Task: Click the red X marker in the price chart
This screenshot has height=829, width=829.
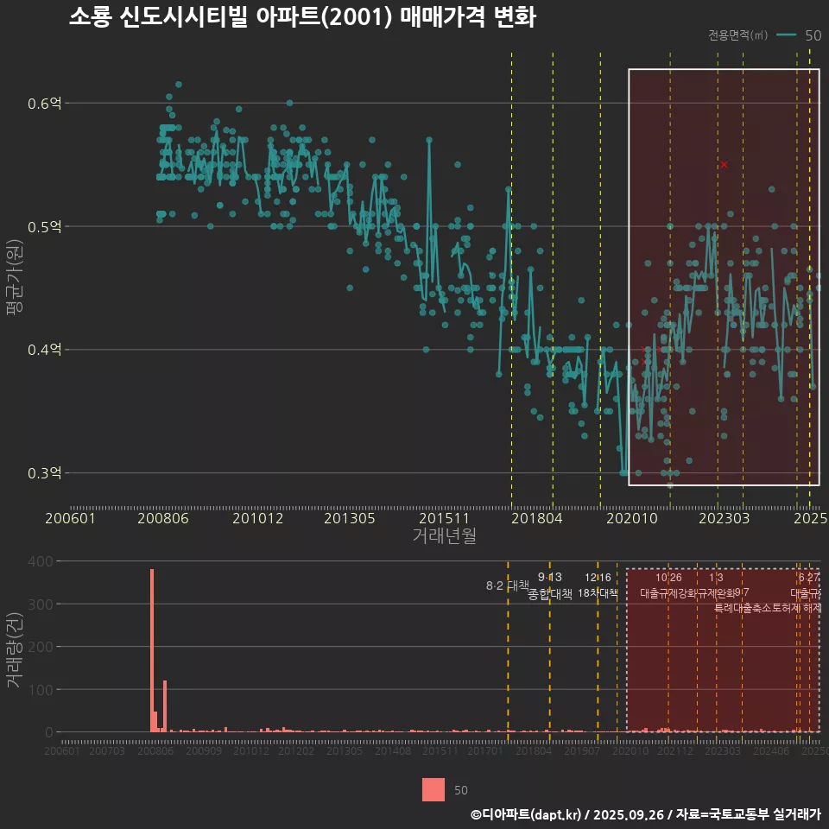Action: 725,164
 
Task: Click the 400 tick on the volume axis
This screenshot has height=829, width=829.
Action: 43,561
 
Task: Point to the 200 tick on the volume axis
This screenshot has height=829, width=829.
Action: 43,647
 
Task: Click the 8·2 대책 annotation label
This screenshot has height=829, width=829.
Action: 508,585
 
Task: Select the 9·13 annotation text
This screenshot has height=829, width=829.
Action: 549,577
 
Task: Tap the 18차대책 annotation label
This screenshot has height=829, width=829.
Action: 598,593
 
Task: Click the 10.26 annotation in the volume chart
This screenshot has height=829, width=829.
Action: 668,577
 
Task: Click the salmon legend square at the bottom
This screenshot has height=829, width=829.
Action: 433,789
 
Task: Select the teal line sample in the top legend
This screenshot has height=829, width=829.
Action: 787,35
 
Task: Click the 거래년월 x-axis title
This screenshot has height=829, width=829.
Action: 444,535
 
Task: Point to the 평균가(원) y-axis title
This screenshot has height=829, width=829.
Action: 15,280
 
